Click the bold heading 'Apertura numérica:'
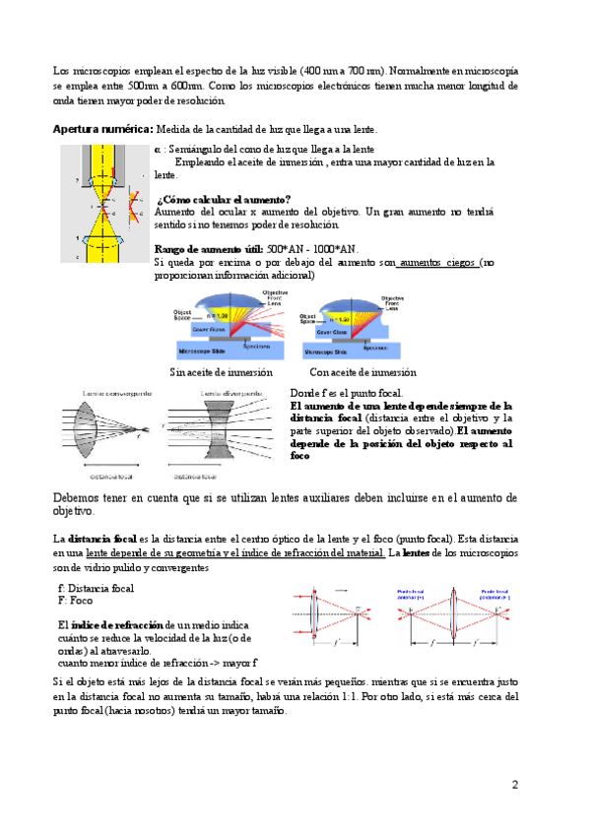tap(102, 129)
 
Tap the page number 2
tap(514, 785)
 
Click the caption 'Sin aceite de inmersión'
tap(222, 372)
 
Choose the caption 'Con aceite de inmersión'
tap(362, 372)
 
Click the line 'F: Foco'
tap(75, 600)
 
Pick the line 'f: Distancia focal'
tap(97, 588)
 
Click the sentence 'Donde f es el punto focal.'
tap(346, 393)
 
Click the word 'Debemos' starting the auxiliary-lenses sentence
tap(77, 497)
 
